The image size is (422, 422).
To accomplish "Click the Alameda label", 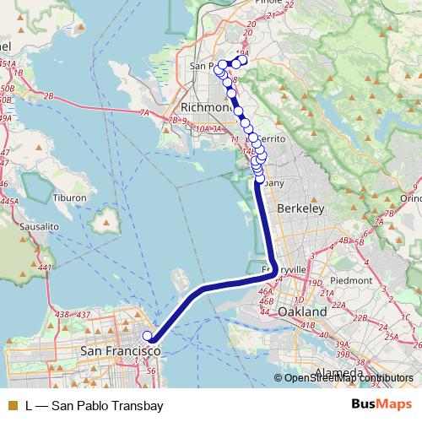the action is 338,372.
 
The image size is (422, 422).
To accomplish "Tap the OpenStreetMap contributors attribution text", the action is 348,378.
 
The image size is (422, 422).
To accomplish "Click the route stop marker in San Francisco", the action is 149,337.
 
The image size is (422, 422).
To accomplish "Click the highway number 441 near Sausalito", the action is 45,268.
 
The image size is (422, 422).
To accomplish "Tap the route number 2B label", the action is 48,96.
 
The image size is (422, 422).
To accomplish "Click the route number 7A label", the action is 145,111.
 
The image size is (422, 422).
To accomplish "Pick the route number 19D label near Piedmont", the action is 316,282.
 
